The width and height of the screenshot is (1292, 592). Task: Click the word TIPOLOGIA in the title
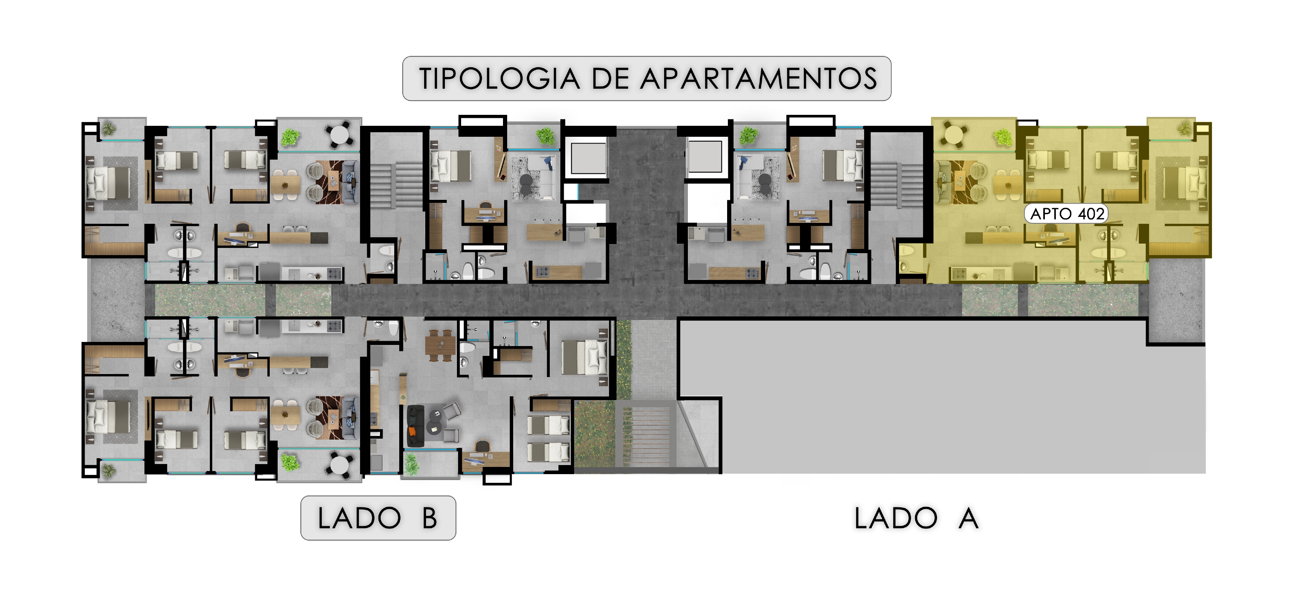pyautogui.click(x=499, y=79)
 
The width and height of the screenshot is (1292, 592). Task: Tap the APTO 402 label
pyautogui.click(x=1066, y=214)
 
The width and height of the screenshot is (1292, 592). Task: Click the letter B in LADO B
pyautogui.click(x=429, y=518)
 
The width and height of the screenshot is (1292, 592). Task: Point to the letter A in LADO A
pyautogui.click(x=968, y=518)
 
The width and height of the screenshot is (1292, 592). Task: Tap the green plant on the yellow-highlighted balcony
pyautogui.click(x=1003, y=137)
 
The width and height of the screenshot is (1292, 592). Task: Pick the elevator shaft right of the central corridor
pyautogui.click(x=704, y=156)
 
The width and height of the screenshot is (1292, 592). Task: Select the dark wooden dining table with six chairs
pyautogui.click(x=440, y=345)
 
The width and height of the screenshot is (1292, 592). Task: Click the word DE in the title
pyautogui.click(x=610, y=79)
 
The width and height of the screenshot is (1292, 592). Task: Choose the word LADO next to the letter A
pyautogui.click(x=896, y=518)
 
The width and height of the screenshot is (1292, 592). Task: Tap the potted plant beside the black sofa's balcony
pyautogui.click(x=411, y=464)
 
